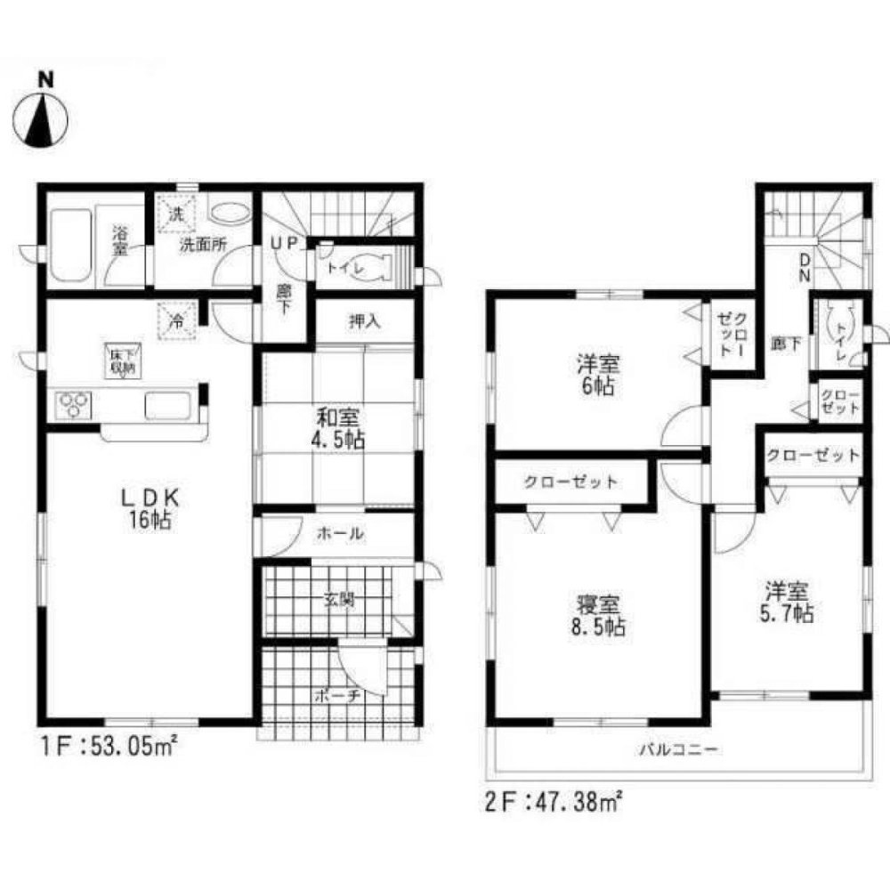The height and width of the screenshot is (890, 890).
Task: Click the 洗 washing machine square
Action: pyautogui.click(x=176, y=214)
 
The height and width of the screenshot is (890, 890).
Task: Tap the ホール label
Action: pyautogui.click(x=340, y=534)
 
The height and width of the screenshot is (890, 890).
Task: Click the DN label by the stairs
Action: pyautogui.click(x=804, y=268)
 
